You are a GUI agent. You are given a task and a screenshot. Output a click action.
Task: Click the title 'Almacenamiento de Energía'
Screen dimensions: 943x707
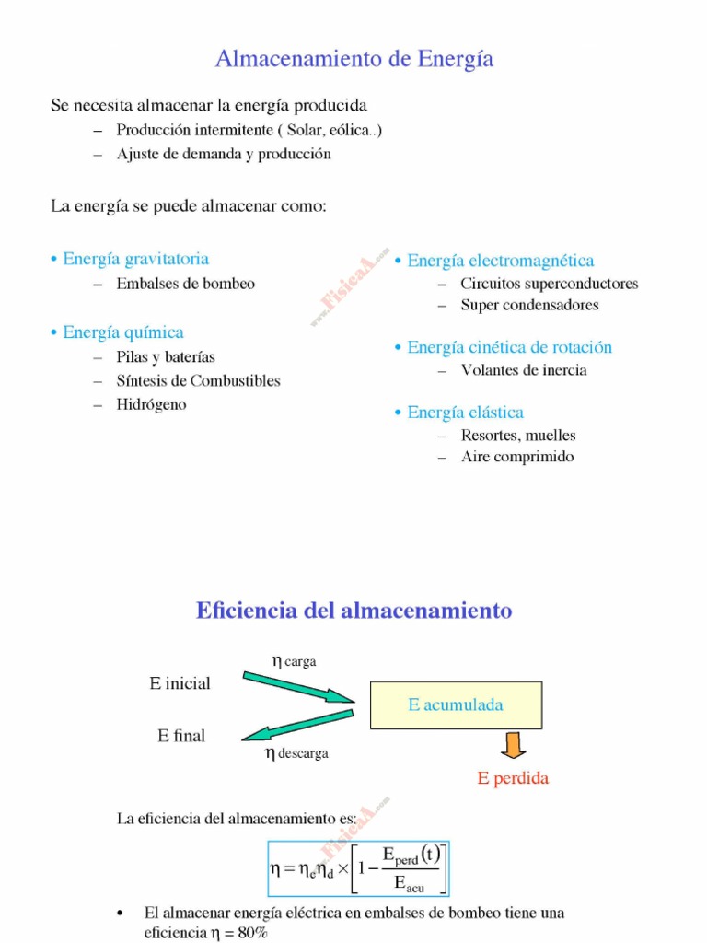(x=354, y=60)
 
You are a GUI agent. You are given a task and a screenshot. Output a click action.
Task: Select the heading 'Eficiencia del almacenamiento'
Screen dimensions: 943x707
(x=353, y=611)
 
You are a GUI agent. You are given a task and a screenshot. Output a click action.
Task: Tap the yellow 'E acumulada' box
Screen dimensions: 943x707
(x=456, y=705)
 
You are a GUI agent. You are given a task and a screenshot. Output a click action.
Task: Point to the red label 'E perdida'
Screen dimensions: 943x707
(x=513, y=779)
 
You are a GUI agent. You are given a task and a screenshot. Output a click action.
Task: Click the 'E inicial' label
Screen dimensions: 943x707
(x=180, y=683)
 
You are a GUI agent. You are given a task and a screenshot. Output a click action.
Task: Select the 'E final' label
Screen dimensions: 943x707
(x=181, y=736)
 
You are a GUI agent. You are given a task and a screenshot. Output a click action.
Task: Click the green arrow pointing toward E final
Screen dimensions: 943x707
(x=297, y=725)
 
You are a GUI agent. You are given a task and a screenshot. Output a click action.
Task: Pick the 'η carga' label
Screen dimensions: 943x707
(x=294, y=660)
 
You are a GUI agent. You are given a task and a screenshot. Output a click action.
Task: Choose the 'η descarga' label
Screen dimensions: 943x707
(x=296, y=753)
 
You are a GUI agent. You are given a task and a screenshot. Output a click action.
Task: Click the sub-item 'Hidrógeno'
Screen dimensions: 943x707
(x=151, y=404)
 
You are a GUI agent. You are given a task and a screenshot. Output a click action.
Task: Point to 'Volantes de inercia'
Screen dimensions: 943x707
(x=524, y=370)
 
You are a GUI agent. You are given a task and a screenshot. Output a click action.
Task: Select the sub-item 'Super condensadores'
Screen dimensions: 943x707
(x=529, y=305)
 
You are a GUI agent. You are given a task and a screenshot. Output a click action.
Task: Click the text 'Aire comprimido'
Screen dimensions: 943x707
(x=517, y=457)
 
